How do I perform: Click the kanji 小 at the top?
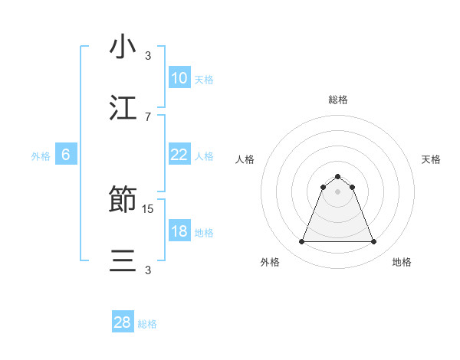click(123, 47)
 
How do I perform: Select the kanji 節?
click(123, 201)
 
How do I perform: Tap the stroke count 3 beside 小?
click(148, 56)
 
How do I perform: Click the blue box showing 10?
click(179, 77)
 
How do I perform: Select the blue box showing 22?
click(179, 154)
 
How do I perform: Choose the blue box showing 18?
click(179, 231)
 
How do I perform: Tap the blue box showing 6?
click(66, 155)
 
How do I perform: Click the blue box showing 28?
click(123, 322)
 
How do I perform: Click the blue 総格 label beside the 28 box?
click(148, 324)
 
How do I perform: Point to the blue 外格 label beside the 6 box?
click(41, 155)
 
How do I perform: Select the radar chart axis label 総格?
click(337, 100)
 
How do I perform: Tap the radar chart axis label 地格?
click(402, 262)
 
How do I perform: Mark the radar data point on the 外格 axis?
click(301, 242)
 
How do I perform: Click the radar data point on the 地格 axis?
click(373, 242)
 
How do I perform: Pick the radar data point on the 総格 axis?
click(337, 176)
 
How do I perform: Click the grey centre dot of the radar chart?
click(337, 191)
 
